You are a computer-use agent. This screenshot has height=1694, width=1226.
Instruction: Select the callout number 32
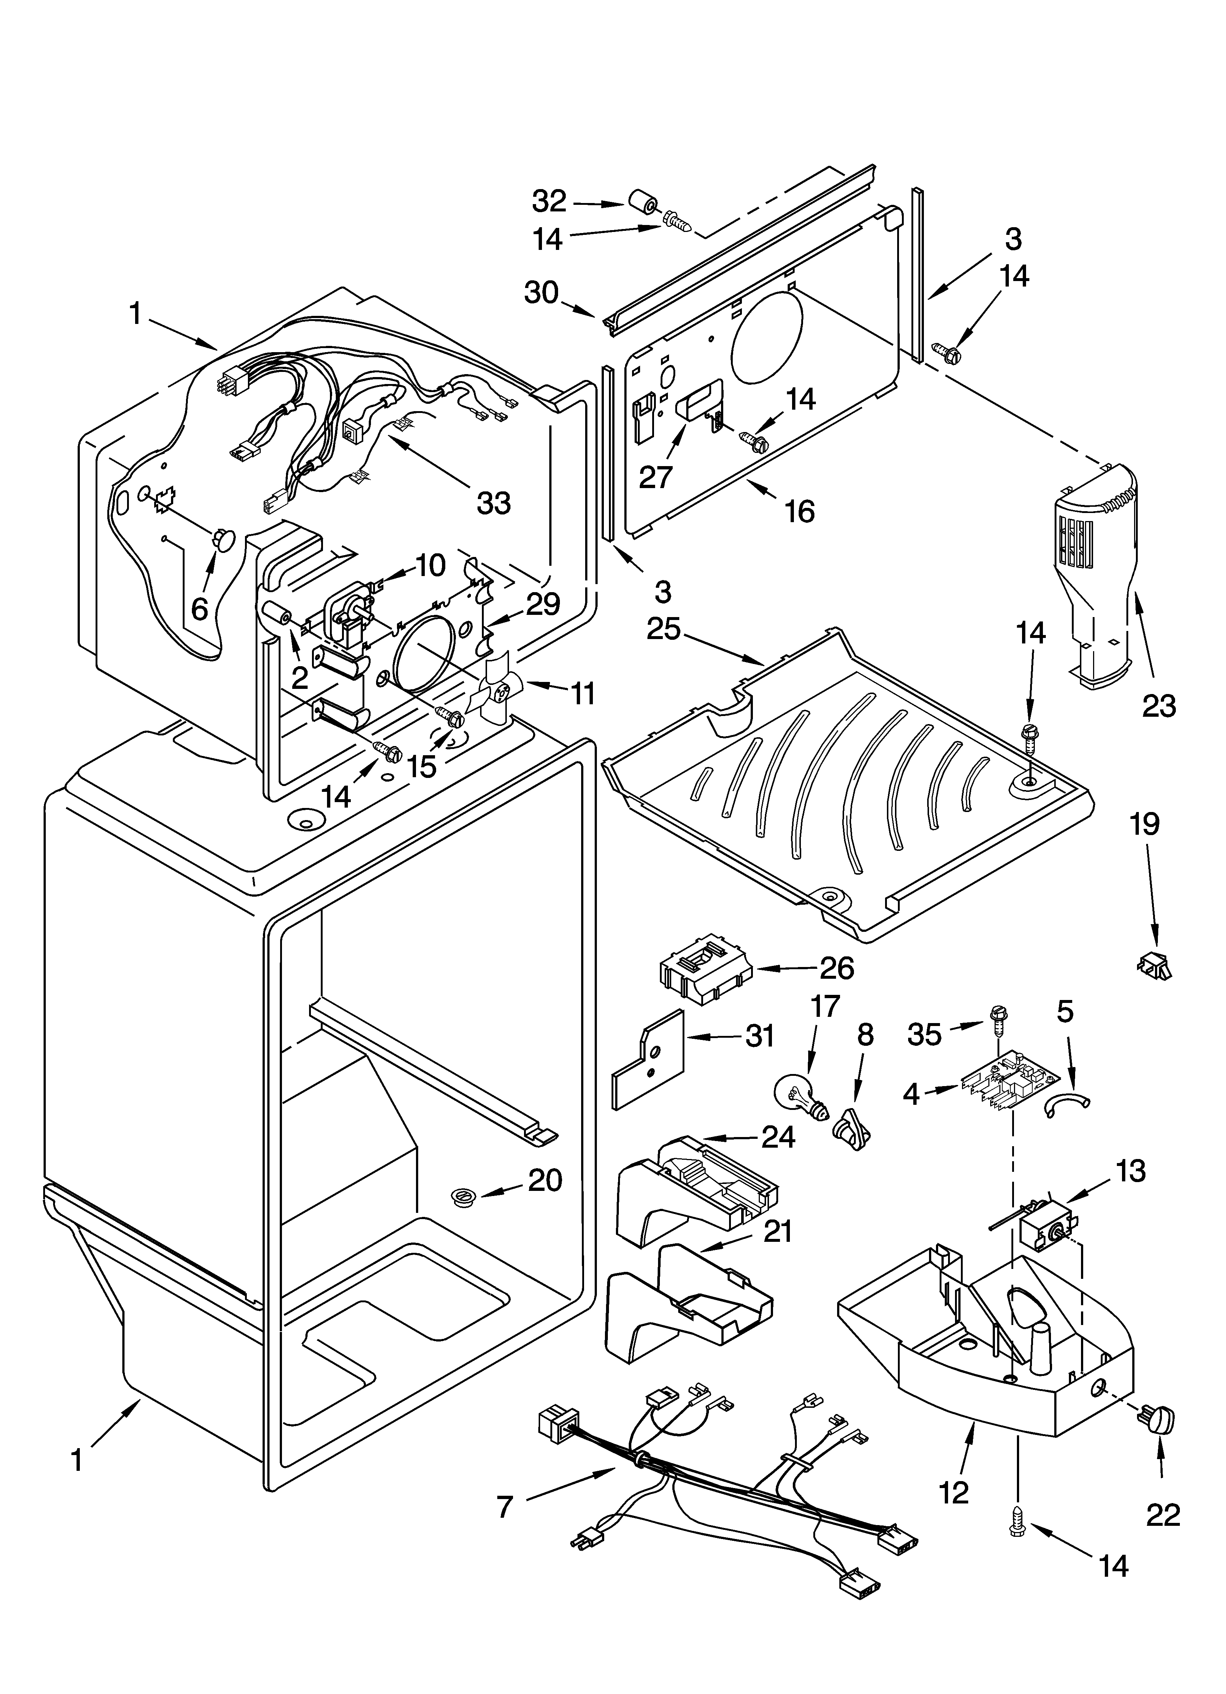point(550,201)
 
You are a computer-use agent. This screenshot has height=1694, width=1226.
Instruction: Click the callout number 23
point(1159,705)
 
